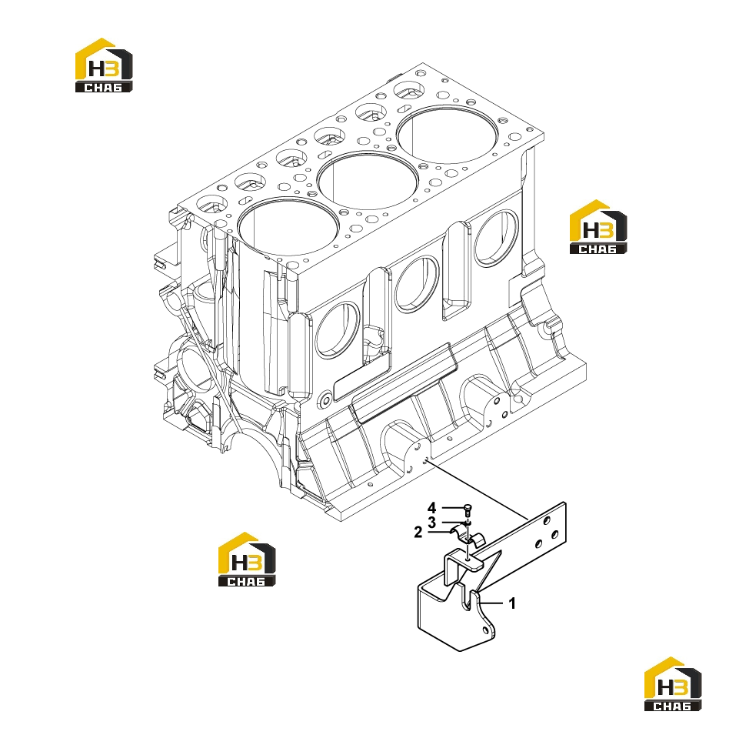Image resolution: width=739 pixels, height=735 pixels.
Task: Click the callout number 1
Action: tap(512, 603)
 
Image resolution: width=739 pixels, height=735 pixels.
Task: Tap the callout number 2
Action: tap(418, 533)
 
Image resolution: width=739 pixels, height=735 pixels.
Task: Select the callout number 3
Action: tap(431, 523)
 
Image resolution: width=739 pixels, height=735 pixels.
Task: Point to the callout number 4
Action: tap(431, 508)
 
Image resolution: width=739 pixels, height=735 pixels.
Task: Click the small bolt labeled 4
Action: tap(468, 510)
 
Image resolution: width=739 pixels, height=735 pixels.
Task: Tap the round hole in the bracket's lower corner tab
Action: tap(485, 630)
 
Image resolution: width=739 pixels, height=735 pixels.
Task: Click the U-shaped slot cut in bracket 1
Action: tap(468, 599)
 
